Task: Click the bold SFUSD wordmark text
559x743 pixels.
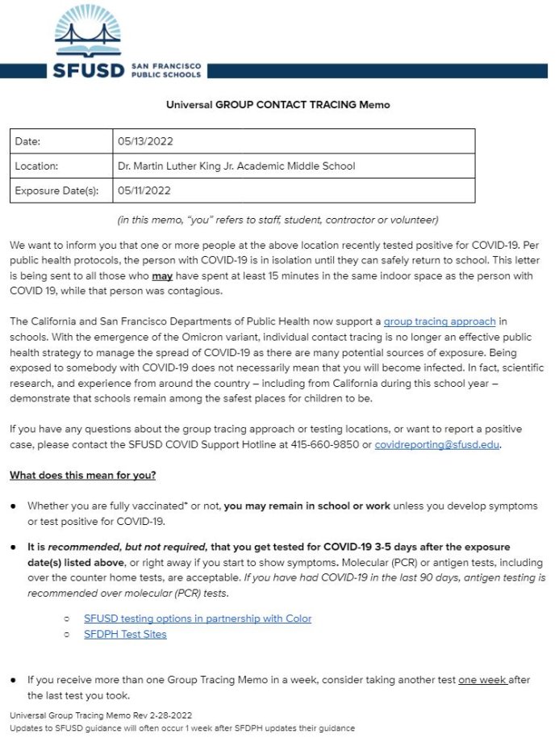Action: [89, 70]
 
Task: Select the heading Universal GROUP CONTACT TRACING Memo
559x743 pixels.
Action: [277, 105]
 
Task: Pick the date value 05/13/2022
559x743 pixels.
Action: [145, 141]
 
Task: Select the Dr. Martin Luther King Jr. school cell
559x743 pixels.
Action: [236, 166]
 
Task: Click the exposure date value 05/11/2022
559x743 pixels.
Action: [145, 191]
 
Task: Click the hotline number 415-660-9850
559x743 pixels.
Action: [338, 444]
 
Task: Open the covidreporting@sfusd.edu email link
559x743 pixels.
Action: [437, 444]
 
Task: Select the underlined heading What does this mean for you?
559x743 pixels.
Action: [83, 475]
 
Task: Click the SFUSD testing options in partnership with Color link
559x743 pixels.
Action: [198, 619]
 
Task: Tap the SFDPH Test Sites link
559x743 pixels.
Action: [125, 634]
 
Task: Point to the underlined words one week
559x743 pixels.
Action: [482, 680]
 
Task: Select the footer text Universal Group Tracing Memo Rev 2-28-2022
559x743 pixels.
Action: [101, 716]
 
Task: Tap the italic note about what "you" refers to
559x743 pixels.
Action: [277, 220]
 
